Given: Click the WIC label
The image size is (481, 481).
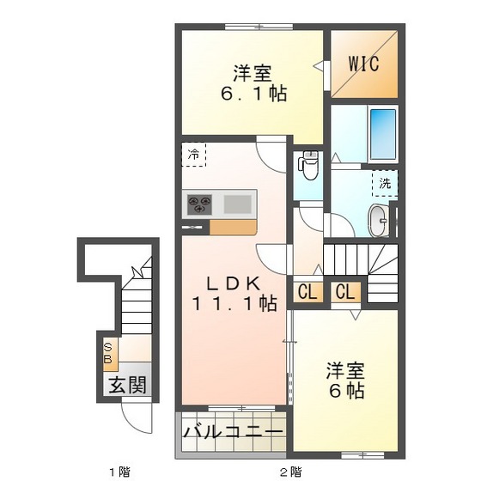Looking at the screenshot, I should pyautogui.click(x=364, y=64).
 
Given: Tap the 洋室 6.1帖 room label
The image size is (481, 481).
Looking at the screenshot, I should pyautogui.click(x=251, y=82).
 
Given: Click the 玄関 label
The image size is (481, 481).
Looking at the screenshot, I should pyautogui.click(x=125, y=384).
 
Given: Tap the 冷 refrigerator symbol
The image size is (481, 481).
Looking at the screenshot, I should pyautogui.click(x=194, y=155).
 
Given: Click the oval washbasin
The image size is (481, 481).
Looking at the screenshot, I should pyautogui.click(x=377, y=221).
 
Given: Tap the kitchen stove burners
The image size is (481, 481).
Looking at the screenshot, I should pyautogui.click(x=200, y=204).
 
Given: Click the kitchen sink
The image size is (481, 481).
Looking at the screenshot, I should pyautogui.click(x=238, y=204).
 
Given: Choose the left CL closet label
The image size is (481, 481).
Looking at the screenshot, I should pyautogui.click(x=307, y=292).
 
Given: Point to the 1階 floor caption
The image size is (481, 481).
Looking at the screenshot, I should pyautogui.click(x=119, y=471).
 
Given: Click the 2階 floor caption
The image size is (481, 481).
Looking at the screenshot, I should pyautogui.click(x=290, y=471).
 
